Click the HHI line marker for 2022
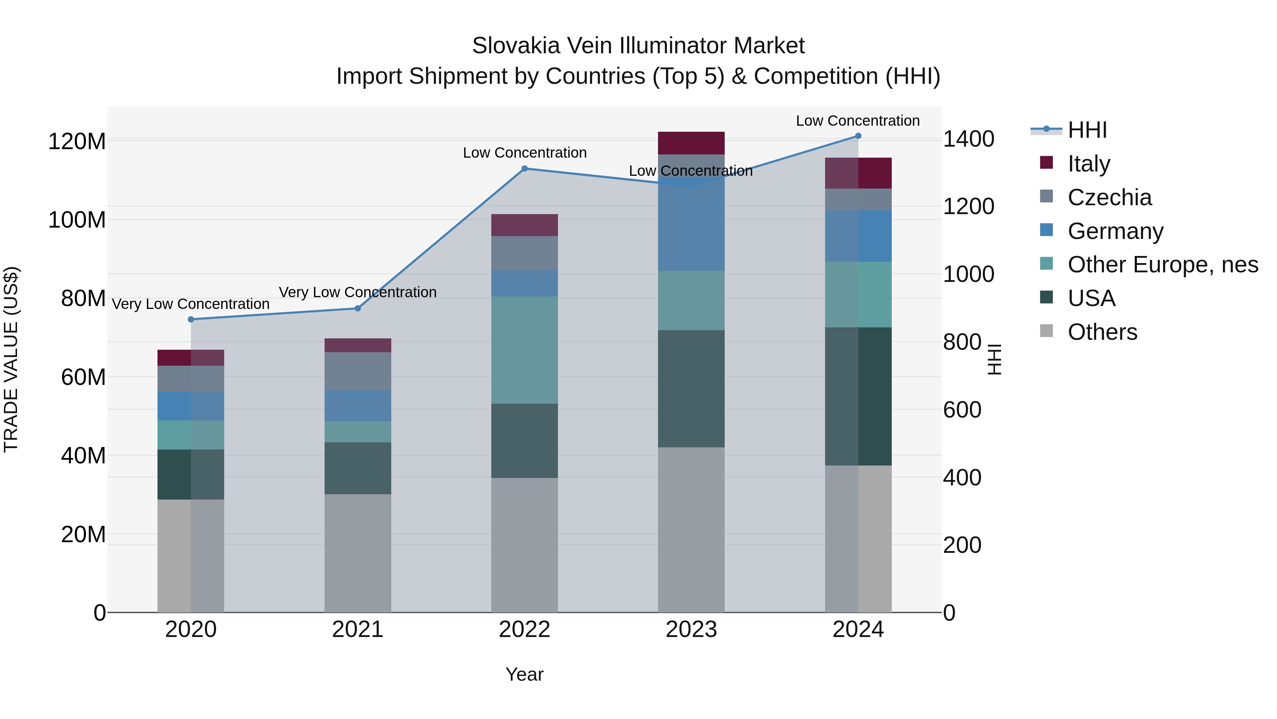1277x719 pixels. click(525, 169)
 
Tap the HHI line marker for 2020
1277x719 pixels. click(191, 320)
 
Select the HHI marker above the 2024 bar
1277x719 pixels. click(858, 136)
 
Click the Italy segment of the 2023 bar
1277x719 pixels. click(691, 143)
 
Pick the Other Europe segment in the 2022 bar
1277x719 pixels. click(525, 350)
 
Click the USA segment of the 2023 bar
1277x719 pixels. click(691, 388)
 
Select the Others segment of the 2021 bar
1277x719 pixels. click(358, 553)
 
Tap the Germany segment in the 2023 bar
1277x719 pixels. click(691, 218)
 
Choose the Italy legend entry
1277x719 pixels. click(1089, 163)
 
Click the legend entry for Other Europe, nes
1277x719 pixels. click(1162, 265)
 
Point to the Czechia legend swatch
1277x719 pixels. click(1046, 196)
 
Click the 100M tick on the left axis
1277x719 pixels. click(77, 219)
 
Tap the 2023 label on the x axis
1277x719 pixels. click(691, 630)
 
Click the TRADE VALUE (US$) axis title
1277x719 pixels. click(11, 359)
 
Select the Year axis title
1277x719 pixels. click(525, 674)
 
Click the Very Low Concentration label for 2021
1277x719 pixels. click(358, 292)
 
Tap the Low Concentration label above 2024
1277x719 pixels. click(858, 121)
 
